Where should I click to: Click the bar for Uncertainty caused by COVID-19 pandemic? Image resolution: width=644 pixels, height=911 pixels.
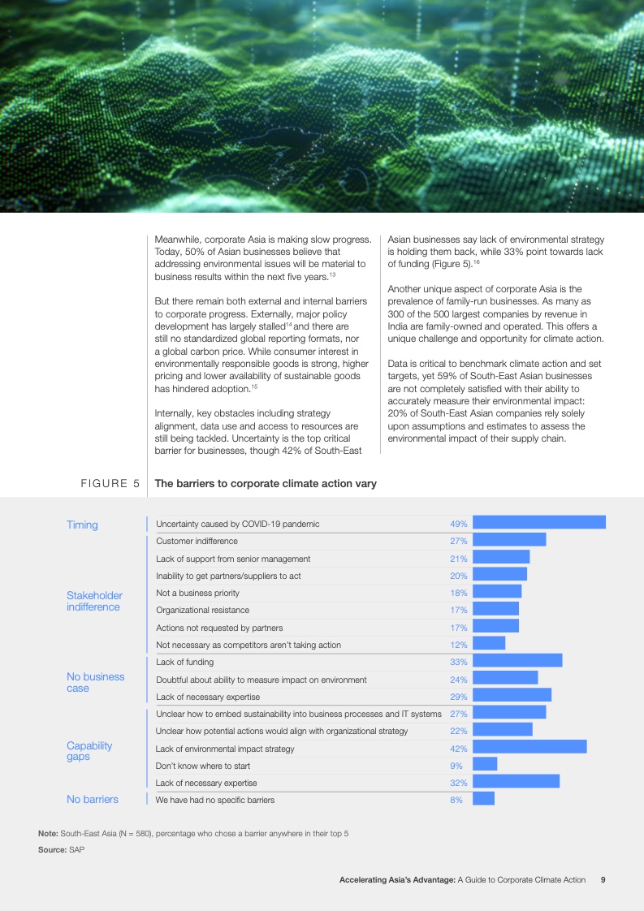click(x=538, y=523)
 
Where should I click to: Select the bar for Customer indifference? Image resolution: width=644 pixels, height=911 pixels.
click(x=509, y=540)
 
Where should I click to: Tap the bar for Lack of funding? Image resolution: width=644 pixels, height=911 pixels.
click(x=517, y=662)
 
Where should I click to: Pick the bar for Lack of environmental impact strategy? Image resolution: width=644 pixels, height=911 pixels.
click(x=529, y=748)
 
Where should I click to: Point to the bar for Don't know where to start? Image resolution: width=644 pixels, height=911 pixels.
click(x=485, y=765)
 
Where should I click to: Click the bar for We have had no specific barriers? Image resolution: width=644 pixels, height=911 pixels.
click(x=483, y=799)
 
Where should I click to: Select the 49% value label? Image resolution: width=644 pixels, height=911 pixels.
click(x=458, y=524)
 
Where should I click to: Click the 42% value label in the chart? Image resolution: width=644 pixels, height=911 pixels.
click(x=458, y=749)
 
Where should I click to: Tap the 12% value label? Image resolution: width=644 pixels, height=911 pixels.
click(x=458, y=645)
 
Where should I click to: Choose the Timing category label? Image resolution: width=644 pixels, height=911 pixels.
click(x=82, y=525)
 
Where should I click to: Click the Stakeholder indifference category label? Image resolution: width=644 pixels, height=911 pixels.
click(x=94, y=601)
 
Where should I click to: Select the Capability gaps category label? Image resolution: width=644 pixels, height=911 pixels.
click(x=89, y=751)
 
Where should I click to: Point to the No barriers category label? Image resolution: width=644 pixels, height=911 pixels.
click(x=93, y=799)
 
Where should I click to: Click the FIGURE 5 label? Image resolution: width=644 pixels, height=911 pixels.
click(x=110, y=484)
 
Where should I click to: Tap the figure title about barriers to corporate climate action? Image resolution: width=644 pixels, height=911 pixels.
click(x=266, y=484)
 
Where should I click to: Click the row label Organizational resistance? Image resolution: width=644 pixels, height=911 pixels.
click(x=202, y=610)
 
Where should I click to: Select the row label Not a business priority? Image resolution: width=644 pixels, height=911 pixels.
click(x=197, y=593)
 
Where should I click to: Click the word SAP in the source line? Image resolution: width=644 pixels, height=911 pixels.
click(x=76, y=849)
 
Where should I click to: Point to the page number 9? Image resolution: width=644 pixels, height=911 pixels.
click(x=603, y=879)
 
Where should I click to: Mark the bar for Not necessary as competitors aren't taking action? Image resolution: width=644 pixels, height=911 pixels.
click(x=489, y=644)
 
